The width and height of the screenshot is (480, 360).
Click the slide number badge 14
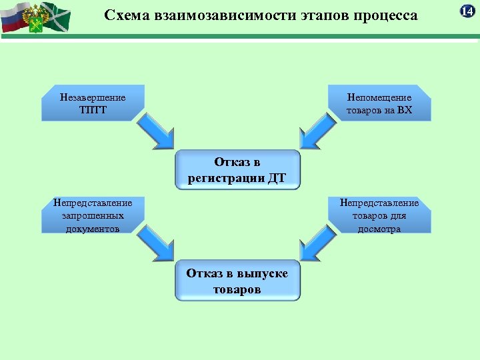(x=467, y=10)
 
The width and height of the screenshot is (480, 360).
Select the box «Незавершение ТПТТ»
(x=93, y=103)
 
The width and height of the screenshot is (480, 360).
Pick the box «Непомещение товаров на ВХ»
(x=379, y=103)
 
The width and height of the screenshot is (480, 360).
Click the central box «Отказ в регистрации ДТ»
(x=238, y=170)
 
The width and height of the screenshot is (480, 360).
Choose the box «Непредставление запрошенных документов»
(x=93, y=215)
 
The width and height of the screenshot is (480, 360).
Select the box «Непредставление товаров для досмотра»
(x=379, y=215)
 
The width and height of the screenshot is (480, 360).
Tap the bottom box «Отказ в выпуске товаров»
(x=238, y=281)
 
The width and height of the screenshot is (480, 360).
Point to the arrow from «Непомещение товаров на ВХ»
(x=316, y=133)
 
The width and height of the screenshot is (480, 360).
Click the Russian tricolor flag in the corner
(x=15, y=17)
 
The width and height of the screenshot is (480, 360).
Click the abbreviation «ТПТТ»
(x=92, y=110)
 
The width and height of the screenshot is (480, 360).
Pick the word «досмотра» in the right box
(x=379, y=229)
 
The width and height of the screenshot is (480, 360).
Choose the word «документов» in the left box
(x=93, y=229)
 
